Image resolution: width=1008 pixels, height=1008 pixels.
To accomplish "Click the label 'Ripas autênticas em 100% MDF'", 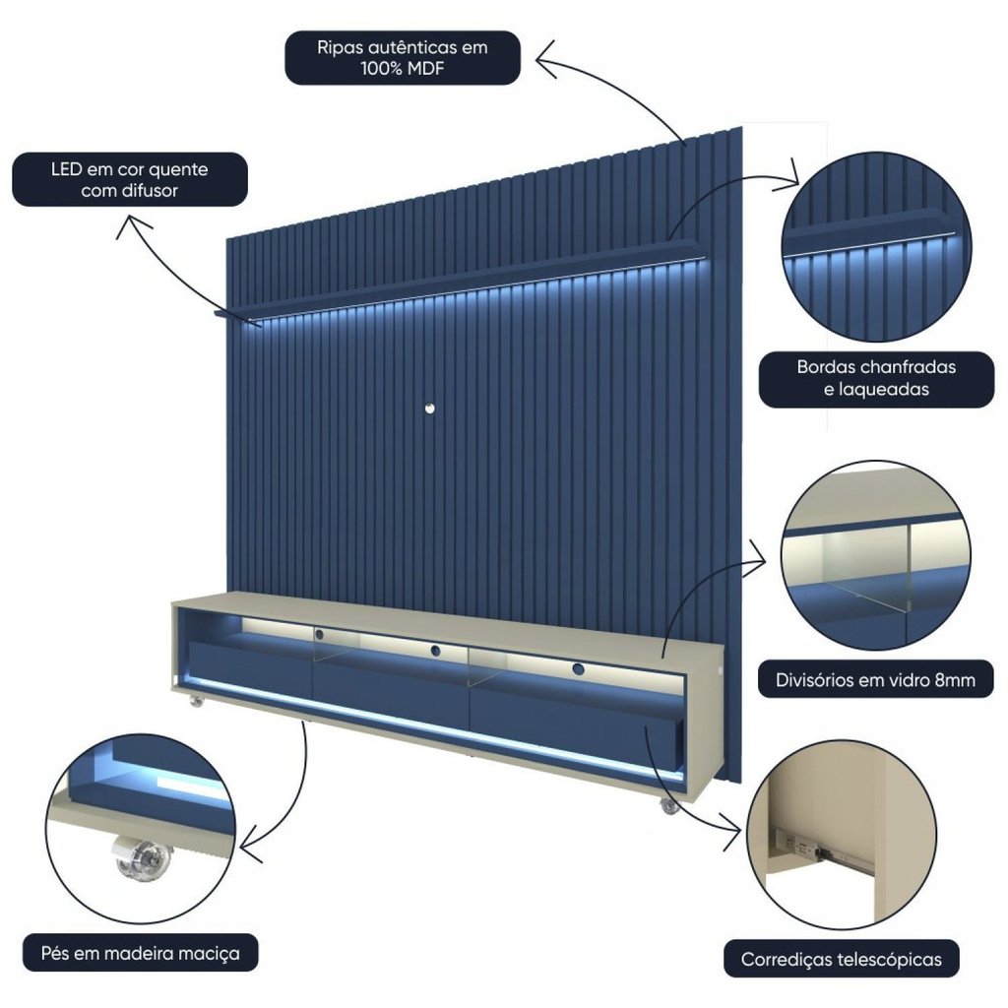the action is (402, 58).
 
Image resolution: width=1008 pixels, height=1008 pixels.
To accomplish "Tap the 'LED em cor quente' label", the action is (130, 169).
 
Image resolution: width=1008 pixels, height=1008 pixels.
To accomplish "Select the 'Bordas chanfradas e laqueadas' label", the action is (876, 379).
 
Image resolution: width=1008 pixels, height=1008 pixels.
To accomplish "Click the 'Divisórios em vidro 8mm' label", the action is (875, 680).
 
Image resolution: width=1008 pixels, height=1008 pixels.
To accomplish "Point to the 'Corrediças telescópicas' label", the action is (841, 960).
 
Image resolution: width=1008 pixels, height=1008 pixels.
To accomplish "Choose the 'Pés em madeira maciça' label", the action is (140, 953).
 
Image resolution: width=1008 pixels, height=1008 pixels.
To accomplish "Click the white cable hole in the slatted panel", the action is (429, 409).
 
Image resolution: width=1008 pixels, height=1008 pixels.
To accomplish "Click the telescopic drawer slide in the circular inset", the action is (824, 850).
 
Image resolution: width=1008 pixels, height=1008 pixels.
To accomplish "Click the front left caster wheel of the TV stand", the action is (197, 701).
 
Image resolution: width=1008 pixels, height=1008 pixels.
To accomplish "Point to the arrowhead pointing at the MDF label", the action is (545, 60).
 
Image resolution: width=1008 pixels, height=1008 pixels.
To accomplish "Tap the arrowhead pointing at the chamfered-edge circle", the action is (789, 175).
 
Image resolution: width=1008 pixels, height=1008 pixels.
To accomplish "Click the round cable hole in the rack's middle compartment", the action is (435, 651).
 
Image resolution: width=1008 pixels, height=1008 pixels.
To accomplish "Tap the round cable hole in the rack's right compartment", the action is (577, 669).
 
